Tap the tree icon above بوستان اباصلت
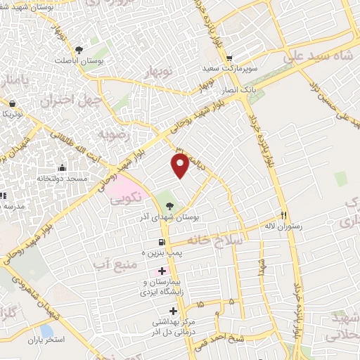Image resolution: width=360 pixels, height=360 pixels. (79, 49)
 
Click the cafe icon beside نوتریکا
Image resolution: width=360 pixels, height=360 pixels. (11, 103)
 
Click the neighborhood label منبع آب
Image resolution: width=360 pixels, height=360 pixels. (112, 262)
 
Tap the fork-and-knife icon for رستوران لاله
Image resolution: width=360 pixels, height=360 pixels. (284, 215)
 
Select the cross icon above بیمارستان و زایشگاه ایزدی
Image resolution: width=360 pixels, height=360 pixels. (162, 271)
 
